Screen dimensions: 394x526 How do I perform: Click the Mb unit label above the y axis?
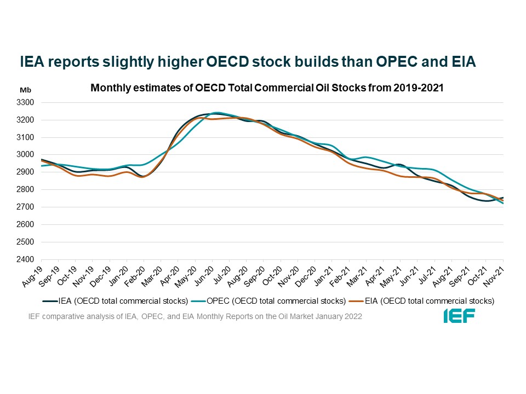coord(26,90)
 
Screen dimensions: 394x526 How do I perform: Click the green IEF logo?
coord(459,316)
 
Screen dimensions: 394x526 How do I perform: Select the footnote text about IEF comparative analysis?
coord(195,317)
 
